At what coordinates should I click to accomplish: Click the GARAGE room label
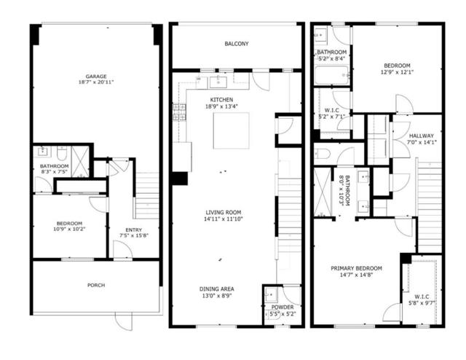coord(96,77)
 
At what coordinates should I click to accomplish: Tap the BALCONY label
coord(237,44)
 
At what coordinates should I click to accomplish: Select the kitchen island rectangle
coord(232,130)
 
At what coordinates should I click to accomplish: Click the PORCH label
coord(96,285)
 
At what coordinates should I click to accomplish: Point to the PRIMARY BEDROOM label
coord(356,268)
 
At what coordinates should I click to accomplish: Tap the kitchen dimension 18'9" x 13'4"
coord(221,106)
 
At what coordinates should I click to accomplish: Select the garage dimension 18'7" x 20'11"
coord(96,82)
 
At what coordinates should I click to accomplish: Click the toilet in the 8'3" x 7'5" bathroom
coord(62,152)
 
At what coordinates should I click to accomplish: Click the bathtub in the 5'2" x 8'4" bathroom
coord(332,75)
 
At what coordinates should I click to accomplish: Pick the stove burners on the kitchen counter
coord(179,112)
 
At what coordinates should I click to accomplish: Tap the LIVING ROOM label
coord(224,213)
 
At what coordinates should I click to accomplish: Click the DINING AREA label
coord(217,289)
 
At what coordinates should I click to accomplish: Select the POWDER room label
coord(283,307)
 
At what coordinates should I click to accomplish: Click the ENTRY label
coord(134,230)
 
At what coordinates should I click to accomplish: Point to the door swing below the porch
coord(123,322)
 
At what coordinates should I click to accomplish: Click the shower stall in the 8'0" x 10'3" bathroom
coord(323,192)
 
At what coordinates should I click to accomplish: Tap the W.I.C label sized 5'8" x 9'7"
coord(422,297)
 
